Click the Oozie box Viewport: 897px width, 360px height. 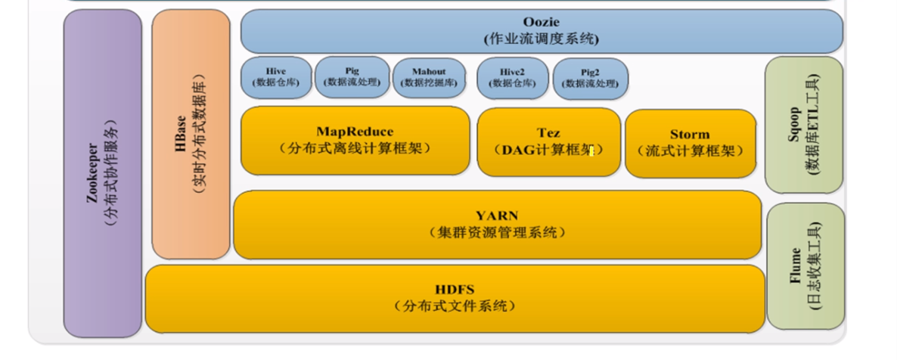[542, 31]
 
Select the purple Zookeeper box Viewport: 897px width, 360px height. [102, 173]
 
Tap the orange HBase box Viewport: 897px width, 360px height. [191, 134]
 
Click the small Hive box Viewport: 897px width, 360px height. [276, 77]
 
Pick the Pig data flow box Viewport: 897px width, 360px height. [352, 77]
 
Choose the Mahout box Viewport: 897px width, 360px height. [429, 77]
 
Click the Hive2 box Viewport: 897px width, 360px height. [512, 77]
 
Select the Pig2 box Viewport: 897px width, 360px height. [590, 77]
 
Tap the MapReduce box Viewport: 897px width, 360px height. [355, 141]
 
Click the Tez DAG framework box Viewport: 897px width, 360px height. [548, 141]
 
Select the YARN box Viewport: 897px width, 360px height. [497, 225]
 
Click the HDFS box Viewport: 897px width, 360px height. [455, 298]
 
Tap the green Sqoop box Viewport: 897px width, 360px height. [803, 125]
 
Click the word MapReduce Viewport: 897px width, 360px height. [355, 132]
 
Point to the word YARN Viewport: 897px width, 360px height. [497, 216]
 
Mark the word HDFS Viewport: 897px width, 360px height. [455, 290]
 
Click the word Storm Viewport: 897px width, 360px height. [690, 135]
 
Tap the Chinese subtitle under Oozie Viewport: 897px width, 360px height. [542, 39]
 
